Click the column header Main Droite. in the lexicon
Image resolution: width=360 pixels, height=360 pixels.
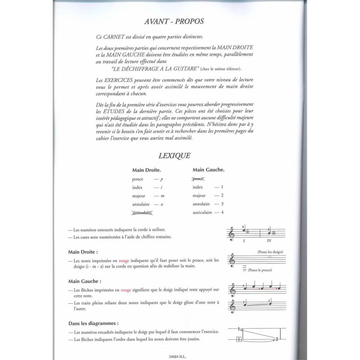147,171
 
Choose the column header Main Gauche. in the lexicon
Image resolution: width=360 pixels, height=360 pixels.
209,170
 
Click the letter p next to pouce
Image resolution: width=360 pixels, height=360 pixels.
162,179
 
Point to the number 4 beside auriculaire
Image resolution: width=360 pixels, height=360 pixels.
222,212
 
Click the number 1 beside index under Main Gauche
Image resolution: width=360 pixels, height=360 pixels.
222,187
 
